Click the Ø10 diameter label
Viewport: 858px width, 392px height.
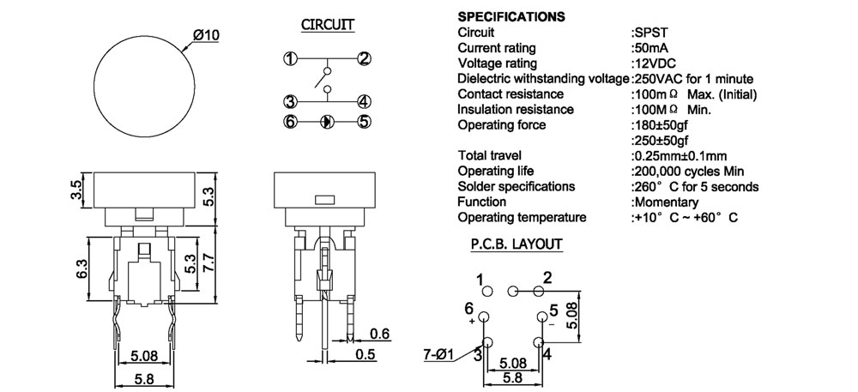point(208,35)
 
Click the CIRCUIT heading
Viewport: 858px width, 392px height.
point(328,25)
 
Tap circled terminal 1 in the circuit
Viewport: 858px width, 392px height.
point(290,59)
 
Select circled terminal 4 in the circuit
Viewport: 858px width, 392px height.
point(364,101)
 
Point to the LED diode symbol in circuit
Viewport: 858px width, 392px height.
point(327,122)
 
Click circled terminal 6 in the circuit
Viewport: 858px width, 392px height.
point(290,122)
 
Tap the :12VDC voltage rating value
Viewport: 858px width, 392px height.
point(658,63)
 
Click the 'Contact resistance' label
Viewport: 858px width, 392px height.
point(511,94)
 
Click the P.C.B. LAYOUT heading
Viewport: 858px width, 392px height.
point(516,244)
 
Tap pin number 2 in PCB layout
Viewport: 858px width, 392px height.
point(547,277)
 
